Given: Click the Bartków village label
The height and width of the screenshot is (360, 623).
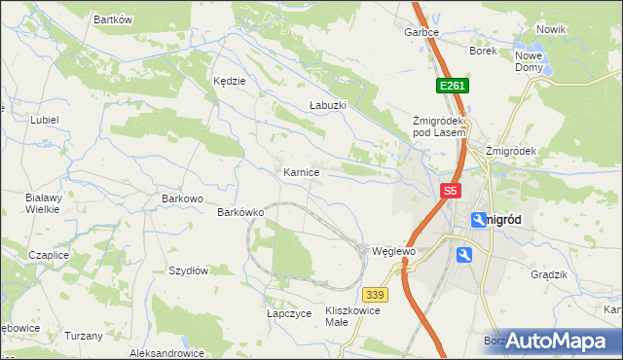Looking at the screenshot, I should pyautogui.click(x=112, y=19).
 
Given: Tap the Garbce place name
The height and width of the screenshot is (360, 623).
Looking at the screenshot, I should pyautogui.click(x=421, y=32).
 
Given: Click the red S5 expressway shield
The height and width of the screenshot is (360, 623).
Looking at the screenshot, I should pyautogui.click(x=450, y=193).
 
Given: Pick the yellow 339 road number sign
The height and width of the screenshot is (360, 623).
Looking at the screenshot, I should pyautogui.click(x=375, y=294).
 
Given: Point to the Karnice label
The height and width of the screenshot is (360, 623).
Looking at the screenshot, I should pyautogui.click(x=301, y=172).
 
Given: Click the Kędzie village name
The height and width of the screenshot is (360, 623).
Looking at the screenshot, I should pyautogui.click(x=230, y=82).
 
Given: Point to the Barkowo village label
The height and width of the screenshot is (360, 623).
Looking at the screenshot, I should pyautogui.click(x=181, y=199).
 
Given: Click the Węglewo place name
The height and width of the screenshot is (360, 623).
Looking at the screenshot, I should pyautogui.click(x=394, y=251).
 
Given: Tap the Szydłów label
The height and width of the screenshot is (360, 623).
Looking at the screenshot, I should pyautogui.click(x=189, y=271).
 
